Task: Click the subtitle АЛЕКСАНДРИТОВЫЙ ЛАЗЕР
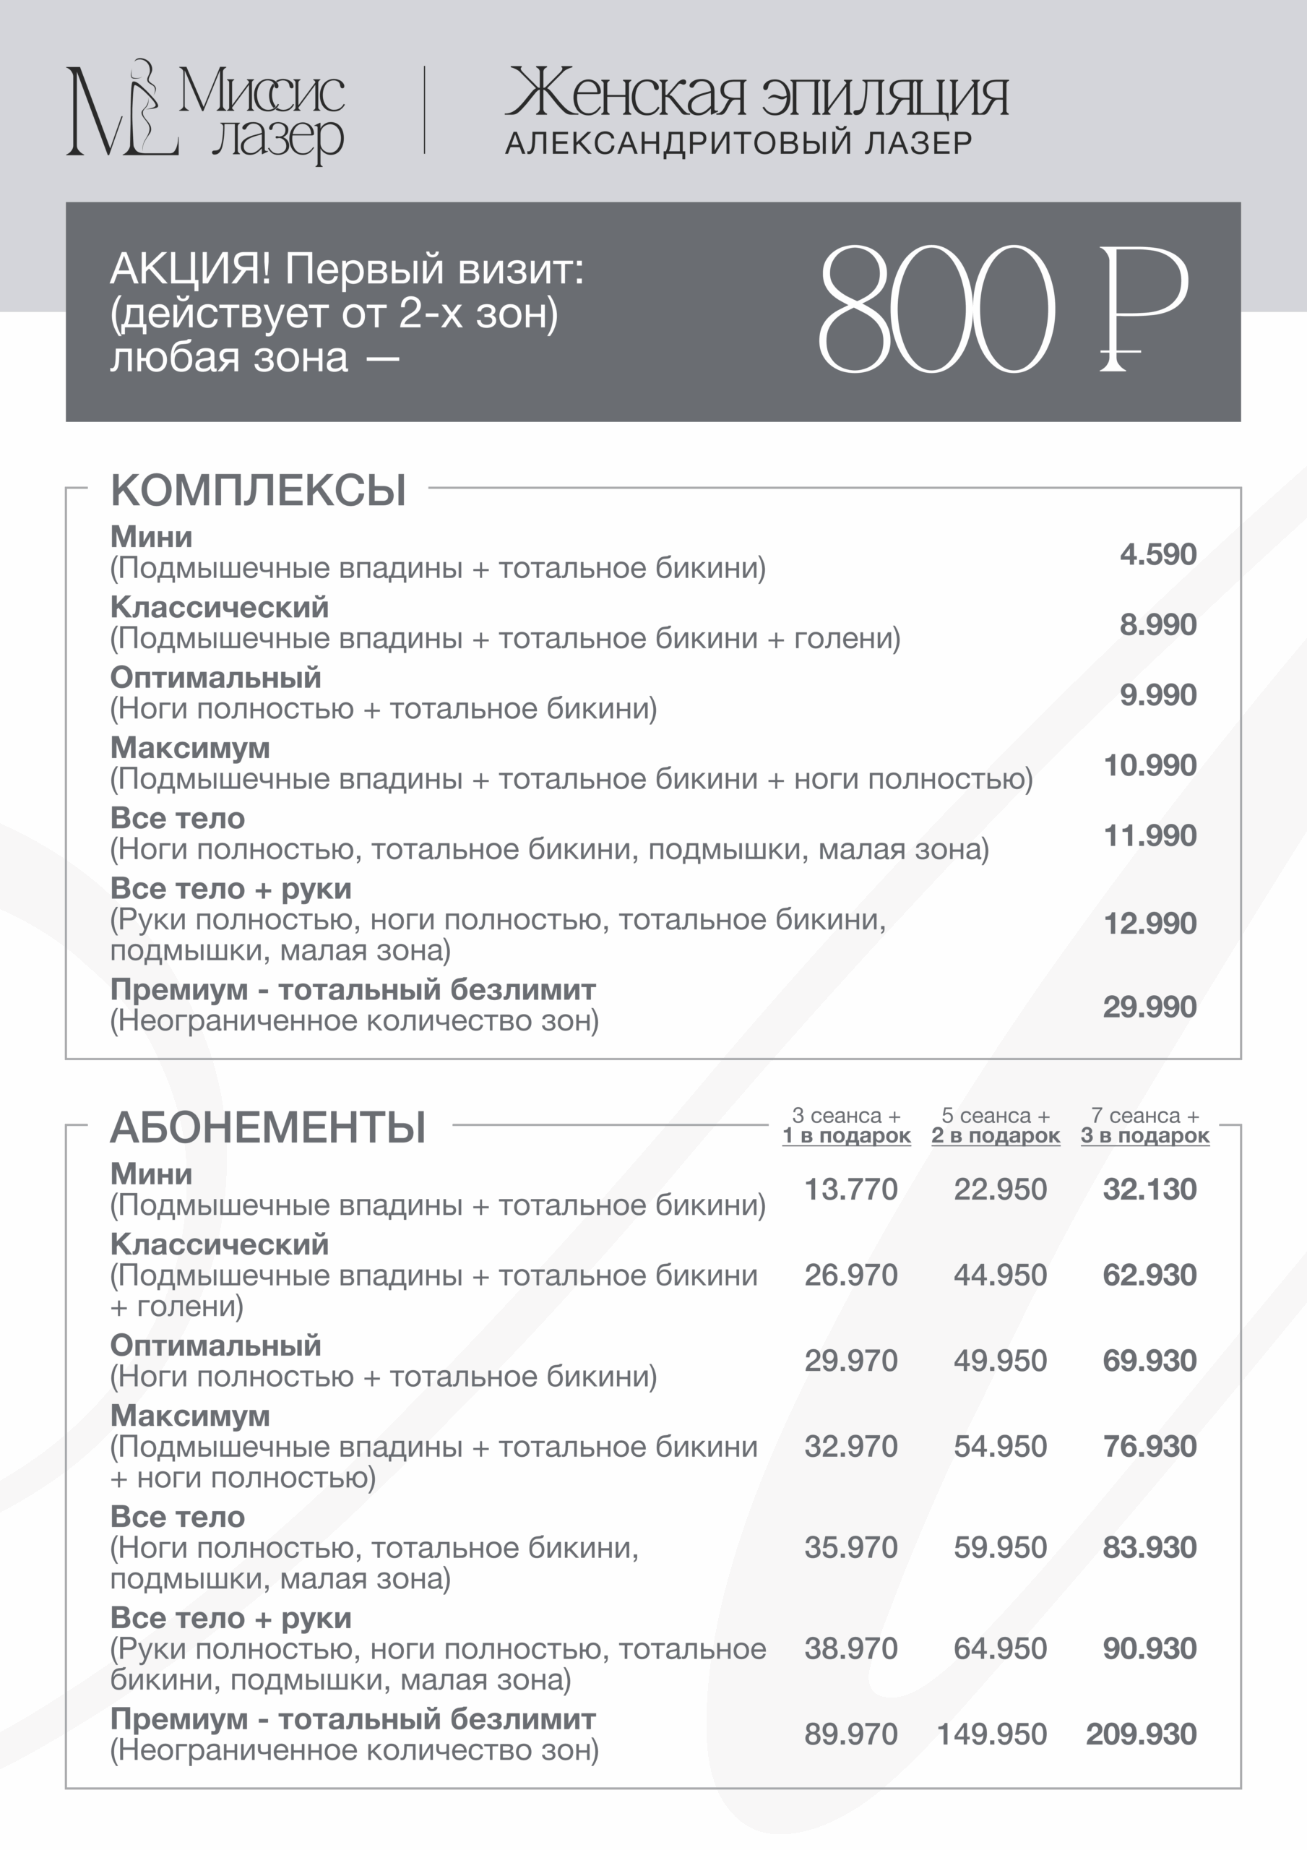(738, 143)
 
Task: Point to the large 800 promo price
(936, 310)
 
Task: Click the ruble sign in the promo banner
(1142, 310)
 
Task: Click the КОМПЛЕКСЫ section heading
(258, 490)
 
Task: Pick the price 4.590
(1157, 554)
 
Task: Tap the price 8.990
(1157, 624)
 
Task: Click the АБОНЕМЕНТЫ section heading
(267, 1127)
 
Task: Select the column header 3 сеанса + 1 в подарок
(846, 1126)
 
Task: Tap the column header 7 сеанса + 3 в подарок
(1145, 1126)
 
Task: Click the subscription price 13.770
(850, 1189)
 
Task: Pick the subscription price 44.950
(1000, 1275)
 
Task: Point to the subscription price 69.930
(1149, 1360)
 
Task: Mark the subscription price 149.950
(991, 1734)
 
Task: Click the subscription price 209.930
(1141, 1734)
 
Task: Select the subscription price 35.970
(850, 1547)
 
